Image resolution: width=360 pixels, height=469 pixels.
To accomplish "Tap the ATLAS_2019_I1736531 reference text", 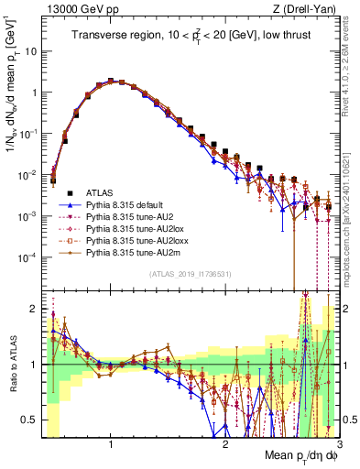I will (188, 274).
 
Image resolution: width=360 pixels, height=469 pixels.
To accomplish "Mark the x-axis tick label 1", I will (111, 444).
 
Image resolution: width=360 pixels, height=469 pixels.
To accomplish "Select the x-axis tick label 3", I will (340, 444).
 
